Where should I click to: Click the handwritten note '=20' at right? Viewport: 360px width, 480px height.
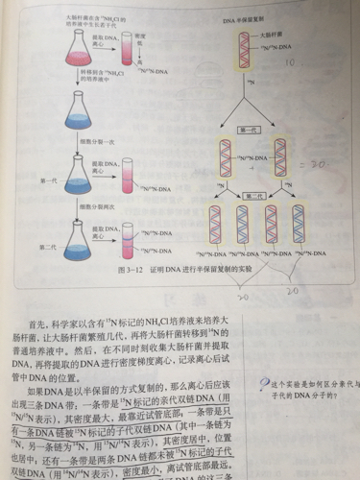324,165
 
